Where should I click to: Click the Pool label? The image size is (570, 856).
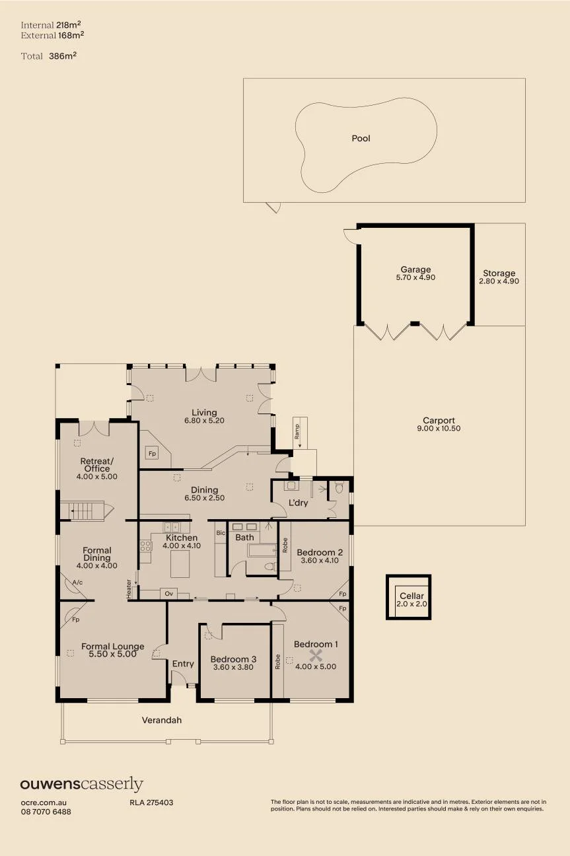(361, 138)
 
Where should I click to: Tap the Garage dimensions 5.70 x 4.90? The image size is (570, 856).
(415, 277)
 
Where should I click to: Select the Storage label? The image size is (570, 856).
(499, 273)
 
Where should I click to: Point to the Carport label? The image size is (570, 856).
(439, 420)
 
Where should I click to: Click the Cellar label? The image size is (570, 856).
(411, 596)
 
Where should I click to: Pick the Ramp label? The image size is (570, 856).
(297, 431)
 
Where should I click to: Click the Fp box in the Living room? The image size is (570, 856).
(152, 454)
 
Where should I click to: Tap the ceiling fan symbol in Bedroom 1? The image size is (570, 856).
(316, 656)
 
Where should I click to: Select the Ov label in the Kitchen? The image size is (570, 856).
(169, 594)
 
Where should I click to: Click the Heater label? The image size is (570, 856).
(129, 589)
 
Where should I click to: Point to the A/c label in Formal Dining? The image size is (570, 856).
(77, 583)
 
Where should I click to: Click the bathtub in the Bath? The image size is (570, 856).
(262, 550)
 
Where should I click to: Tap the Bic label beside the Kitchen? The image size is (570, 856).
(221, 533)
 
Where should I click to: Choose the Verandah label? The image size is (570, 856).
(162, 720)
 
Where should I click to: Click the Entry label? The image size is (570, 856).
(183, 664)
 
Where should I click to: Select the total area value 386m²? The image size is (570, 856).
(63, 55)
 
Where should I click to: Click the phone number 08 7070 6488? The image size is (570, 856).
(46, 811)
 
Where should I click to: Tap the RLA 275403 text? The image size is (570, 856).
(151, 802)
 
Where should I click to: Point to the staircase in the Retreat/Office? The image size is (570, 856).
(87, 511)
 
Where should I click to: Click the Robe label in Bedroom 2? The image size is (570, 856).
(285, 546)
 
